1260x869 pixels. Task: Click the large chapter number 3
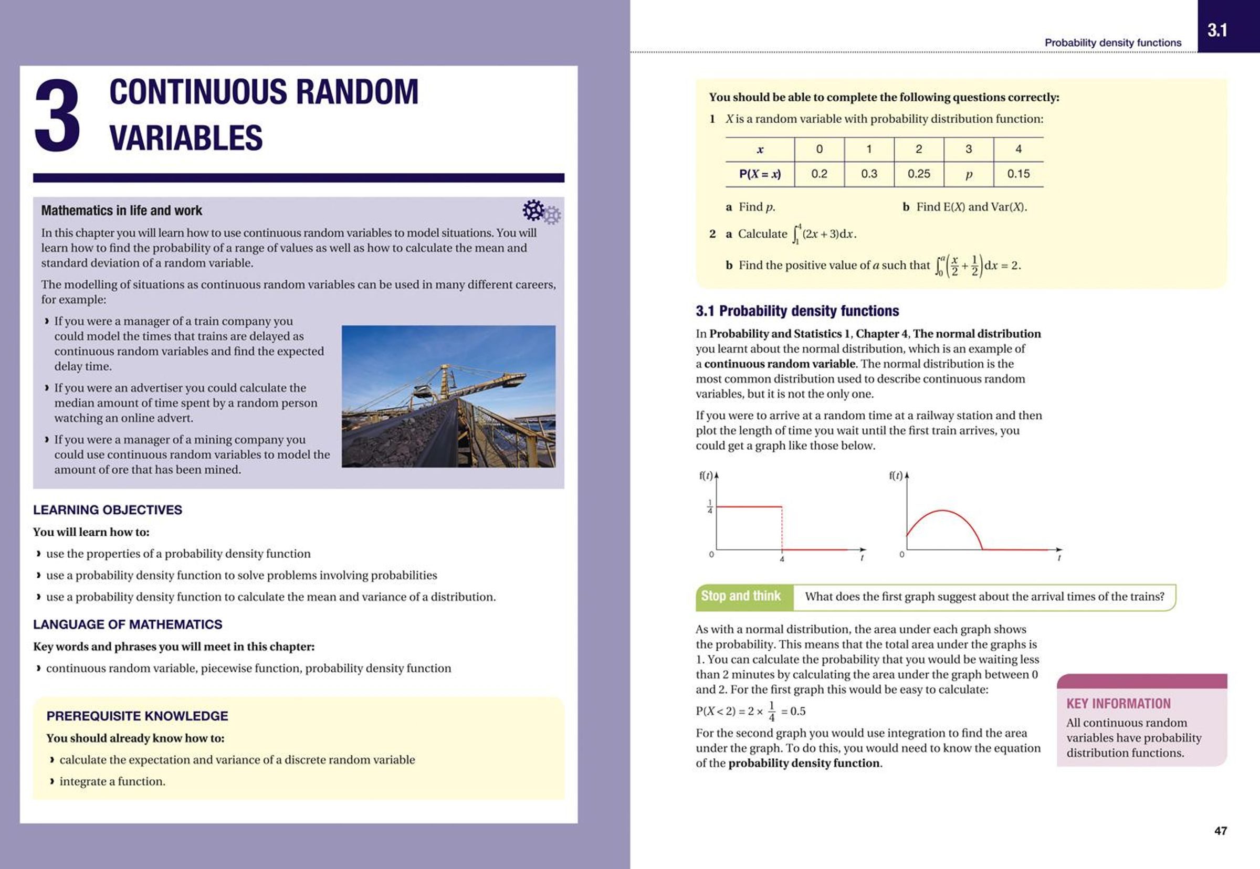[57, 115]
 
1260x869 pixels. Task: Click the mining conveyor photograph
[448, 396]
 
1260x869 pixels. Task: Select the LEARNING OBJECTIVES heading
[107, 510]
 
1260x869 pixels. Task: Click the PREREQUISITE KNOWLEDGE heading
[137, 716]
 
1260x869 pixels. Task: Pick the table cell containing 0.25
[918, 174]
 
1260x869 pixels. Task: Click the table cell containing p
[969, 174]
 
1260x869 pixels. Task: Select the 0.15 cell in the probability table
[1018, 174]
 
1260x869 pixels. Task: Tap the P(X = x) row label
[759, 174]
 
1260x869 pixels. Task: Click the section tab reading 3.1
[1217, 30]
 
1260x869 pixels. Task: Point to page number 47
[1221, 830]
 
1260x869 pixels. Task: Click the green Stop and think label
[741, 596]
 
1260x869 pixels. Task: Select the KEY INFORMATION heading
[1118, 704]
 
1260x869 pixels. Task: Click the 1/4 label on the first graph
[710, 506]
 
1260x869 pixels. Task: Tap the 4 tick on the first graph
[782, 559]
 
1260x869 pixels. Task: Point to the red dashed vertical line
[782, 528]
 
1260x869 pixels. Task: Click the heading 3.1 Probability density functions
[797, 311]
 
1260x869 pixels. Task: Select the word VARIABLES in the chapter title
[186, 138]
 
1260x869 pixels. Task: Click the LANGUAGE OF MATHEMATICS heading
[128, 624]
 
